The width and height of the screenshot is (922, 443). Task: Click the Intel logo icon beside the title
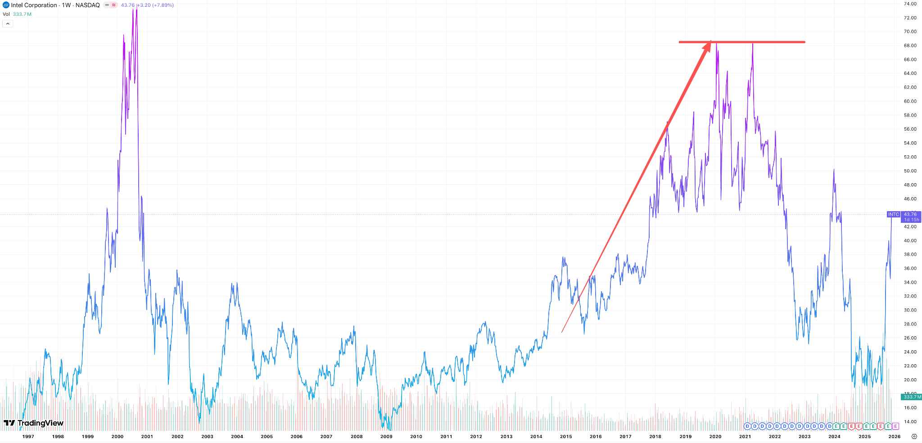coord(6,5)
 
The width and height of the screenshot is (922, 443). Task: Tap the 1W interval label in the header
coord(66,5)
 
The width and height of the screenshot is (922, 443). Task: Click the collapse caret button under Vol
coord(7,23)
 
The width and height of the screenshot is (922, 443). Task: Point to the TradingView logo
coord(33,423)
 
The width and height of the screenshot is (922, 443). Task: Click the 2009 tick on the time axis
coord(386,436)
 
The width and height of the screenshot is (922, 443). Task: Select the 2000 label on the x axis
coord(117,436)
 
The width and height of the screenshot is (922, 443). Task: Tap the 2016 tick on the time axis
coord(596,436)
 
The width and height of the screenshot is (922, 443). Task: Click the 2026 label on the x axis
coord(894,436)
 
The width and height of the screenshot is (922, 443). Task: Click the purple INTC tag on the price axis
coord(893,214)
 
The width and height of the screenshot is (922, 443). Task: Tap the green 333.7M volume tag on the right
coord(911,397)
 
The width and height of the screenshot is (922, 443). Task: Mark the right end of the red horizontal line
coord(804,42)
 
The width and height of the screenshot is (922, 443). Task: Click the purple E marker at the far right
coord(895,426)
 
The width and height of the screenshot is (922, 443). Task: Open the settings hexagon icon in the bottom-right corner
coord(914,436)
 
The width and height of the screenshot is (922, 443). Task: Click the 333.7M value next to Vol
coord(22,14)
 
